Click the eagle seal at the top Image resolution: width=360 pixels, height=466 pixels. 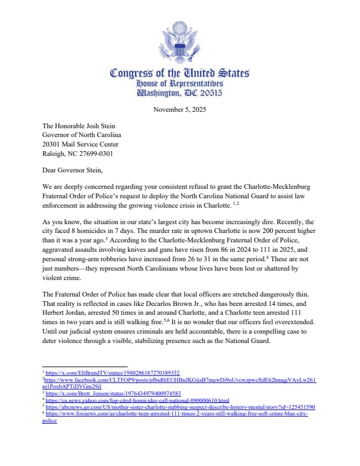click(179, 41)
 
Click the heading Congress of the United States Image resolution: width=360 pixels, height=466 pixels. click(179, 74)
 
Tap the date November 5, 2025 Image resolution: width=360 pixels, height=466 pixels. click(179, 109)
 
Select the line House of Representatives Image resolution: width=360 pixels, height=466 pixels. click(179, 84)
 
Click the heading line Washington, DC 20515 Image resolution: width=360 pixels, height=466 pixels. click(179, 94)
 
